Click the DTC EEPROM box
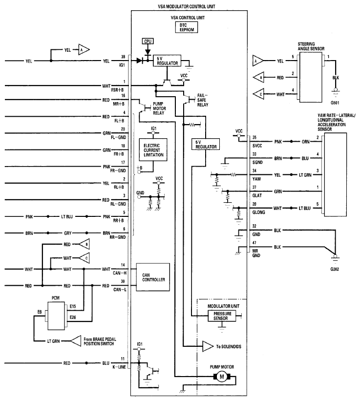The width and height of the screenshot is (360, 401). pos(187,27)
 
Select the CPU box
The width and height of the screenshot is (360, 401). pos(148,41)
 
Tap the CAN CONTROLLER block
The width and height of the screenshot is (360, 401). pos(153,277)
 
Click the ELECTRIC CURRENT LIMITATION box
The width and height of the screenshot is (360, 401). pos(153,150)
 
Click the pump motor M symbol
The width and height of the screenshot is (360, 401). pos(222,377)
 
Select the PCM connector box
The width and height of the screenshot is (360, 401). pos(56,316)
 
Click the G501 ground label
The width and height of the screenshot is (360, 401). pos(335,103)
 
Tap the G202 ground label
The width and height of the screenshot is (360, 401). pos(335,269)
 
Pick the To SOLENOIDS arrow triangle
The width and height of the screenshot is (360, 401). pos(208,346)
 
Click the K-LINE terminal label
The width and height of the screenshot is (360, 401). pos(119,367)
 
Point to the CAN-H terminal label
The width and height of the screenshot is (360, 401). pos(120,273)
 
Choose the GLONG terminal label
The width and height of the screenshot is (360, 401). pos(258,212)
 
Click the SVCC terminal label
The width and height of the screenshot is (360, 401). pos(257,146)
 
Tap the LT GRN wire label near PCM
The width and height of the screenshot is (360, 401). pos(53,341)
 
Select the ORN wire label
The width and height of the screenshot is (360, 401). pos(306,142)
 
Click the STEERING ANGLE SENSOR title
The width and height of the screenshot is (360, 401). pos(311,46)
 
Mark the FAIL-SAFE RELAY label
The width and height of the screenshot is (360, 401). pos(203,100)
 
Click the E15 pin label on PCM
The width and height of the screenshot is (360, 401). pos(73,306)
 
